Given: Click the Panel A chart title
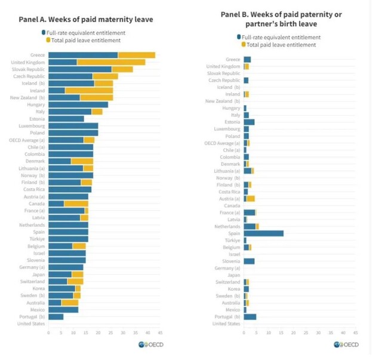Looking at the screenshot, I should [x=86, y=19].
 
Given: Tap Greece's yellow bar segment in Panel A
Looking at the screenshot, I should [x=136, y=55].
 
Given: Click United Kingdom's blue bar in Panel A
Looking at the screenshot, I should [x=62, y=62].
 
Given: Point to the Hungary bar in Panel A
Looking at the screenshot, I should [x=78, y=104].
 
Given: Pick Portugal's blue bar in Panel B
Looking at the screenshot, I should [x=249, y=317].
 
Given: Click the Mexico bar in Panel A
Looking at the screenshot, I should [x=63, y=309].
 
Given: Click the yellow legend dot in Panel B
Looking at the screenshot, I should [x=244, y=45].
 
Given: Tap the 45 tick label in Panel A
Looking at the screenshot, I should [x=161, y=332].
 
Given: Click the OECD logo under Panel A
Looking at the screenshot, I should [x=151, y=344].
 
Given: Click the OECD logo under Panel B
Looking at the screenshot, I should [x=346, y=344].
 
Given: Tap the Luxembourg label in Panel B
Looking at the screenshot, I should [x=227, y=129].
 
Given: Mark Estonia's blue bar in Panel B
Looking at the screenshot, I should [x=249, y=122].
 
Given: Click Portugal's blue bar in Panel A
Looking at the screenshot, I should [x=56, y=316].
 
